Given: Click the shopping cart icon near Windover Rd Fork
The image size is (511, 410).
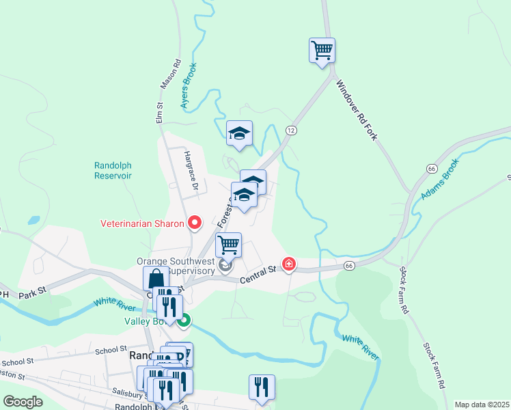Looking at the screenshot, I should (x=322, y=51).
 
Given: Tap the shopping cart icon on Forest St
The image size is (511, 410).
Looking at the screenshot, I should (x=228, y=245).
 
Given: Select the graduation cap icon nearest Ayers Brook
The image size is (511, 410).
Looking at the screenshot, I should (x=240, y=133).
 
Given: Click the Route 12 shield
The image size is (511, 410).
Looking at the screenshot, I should (x=291, y=130).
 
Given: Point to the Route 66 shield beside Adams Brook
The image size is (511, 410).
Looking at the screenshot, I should (x=431, y=168).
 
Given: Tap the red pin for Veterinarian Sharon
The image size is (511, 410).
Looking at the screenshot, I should (x=195, y=223).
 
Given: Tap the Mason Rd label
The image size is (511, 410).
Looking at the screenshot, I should (x=169, y=74).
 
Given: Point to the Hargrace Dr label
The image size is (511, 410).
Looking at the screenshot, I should (x=191, y=171).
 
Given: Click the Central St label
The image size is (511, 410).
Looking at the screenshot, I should (x=258, y=275).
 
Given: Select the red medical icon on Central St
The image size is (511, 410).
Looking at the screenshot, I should (x=289, y=264).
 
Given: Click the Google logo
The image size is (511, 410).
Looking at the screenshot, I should (x=23, y=402).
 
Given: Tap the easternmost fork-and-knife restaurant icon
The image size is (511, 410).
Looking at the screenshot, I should (x=261, y=387).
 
